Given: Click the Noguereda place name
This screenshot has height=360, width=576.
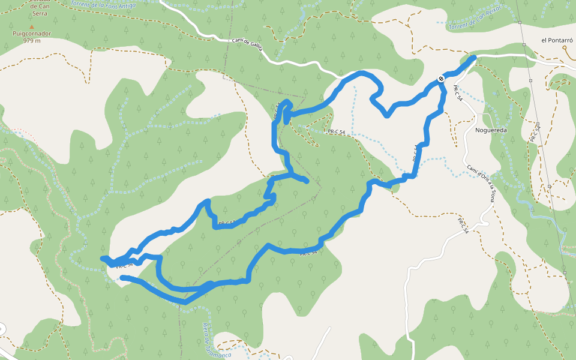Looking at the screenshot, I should pyautogui.click(x=491, y=130).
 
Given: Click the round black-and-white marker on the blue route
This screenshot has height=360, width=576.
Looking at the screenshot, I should pyautogui.click(x=441, y=79).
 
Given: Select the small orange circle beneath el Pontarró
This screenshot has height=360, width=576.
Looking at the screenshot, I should pyautogui.click(x=565, y=64).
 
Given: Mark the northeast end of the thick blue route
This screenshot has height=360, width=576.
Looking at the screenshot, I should pyautogui.click(x=474, y=57).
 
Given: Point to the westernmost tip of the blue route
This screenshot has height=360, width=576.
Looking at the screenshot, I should pyautogui.click(x=103, y=258).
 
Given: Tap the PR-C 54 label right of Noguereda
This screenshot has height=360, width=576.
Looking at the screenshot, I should pyautogui.click(x=533, y=133).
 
